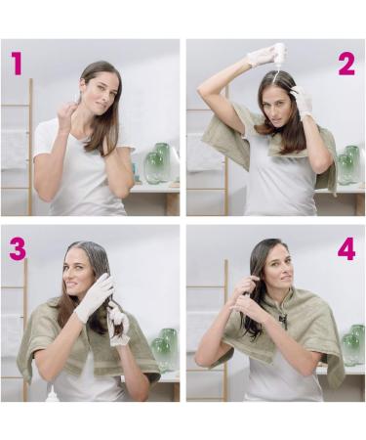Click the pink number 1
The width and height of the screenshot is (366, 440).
[17, 64]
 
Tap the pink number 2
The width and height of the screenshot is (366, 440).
[346, 65]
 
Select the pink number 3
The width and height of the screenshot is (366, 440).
[18, 248]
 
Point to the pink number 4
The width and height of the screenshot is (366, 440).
[346, 248]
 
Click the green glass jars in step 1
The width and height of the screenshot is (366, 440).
[158, 162]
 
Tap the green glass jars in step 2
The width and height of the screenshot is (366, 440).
[348, 165]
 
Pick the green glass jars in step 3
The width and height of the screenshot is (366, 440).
[165, 350]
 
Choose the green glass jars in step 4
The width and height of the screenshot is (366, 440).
[353, 345]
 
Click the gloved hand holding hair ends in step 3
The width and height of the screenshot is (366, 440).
[118, 325]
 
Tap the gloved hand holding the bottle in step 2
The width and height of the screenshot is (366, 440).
[261, 56]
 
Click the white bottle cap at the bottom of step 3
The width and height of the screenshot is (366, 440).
[52, 396]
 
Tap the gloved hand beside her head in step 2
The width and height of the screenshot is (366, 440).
[302, 100]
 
